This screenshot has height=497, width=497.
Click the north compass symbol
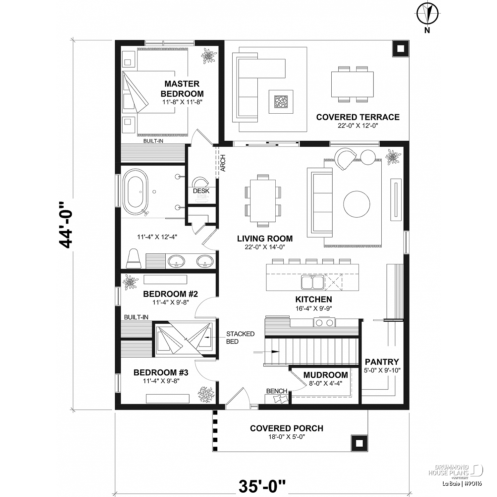(x=427, y=14)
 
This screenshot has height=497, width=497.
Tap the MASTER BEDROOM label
(x=182, y=89)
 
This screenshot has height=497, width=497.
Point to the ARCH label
(x=223, y=163)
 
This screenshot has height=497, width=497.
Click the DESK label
(x=201, y=191)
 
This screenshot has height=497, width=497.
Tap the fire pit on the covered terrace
(x=281, y=102)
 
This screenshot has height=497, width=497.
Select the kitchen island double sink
(x=312, y=282)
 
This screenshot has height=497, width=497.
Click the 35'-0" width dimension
(x=262, y=486)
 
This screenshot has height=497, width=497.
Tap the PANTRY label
(x=382, y=362)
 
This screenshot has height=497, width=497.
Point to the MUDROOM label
(x=325, y=375)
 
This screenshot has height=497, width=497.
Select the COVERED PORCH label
(x=287, y=428)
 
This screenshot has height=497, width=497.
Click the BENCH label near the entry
(x=277, y=391)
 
